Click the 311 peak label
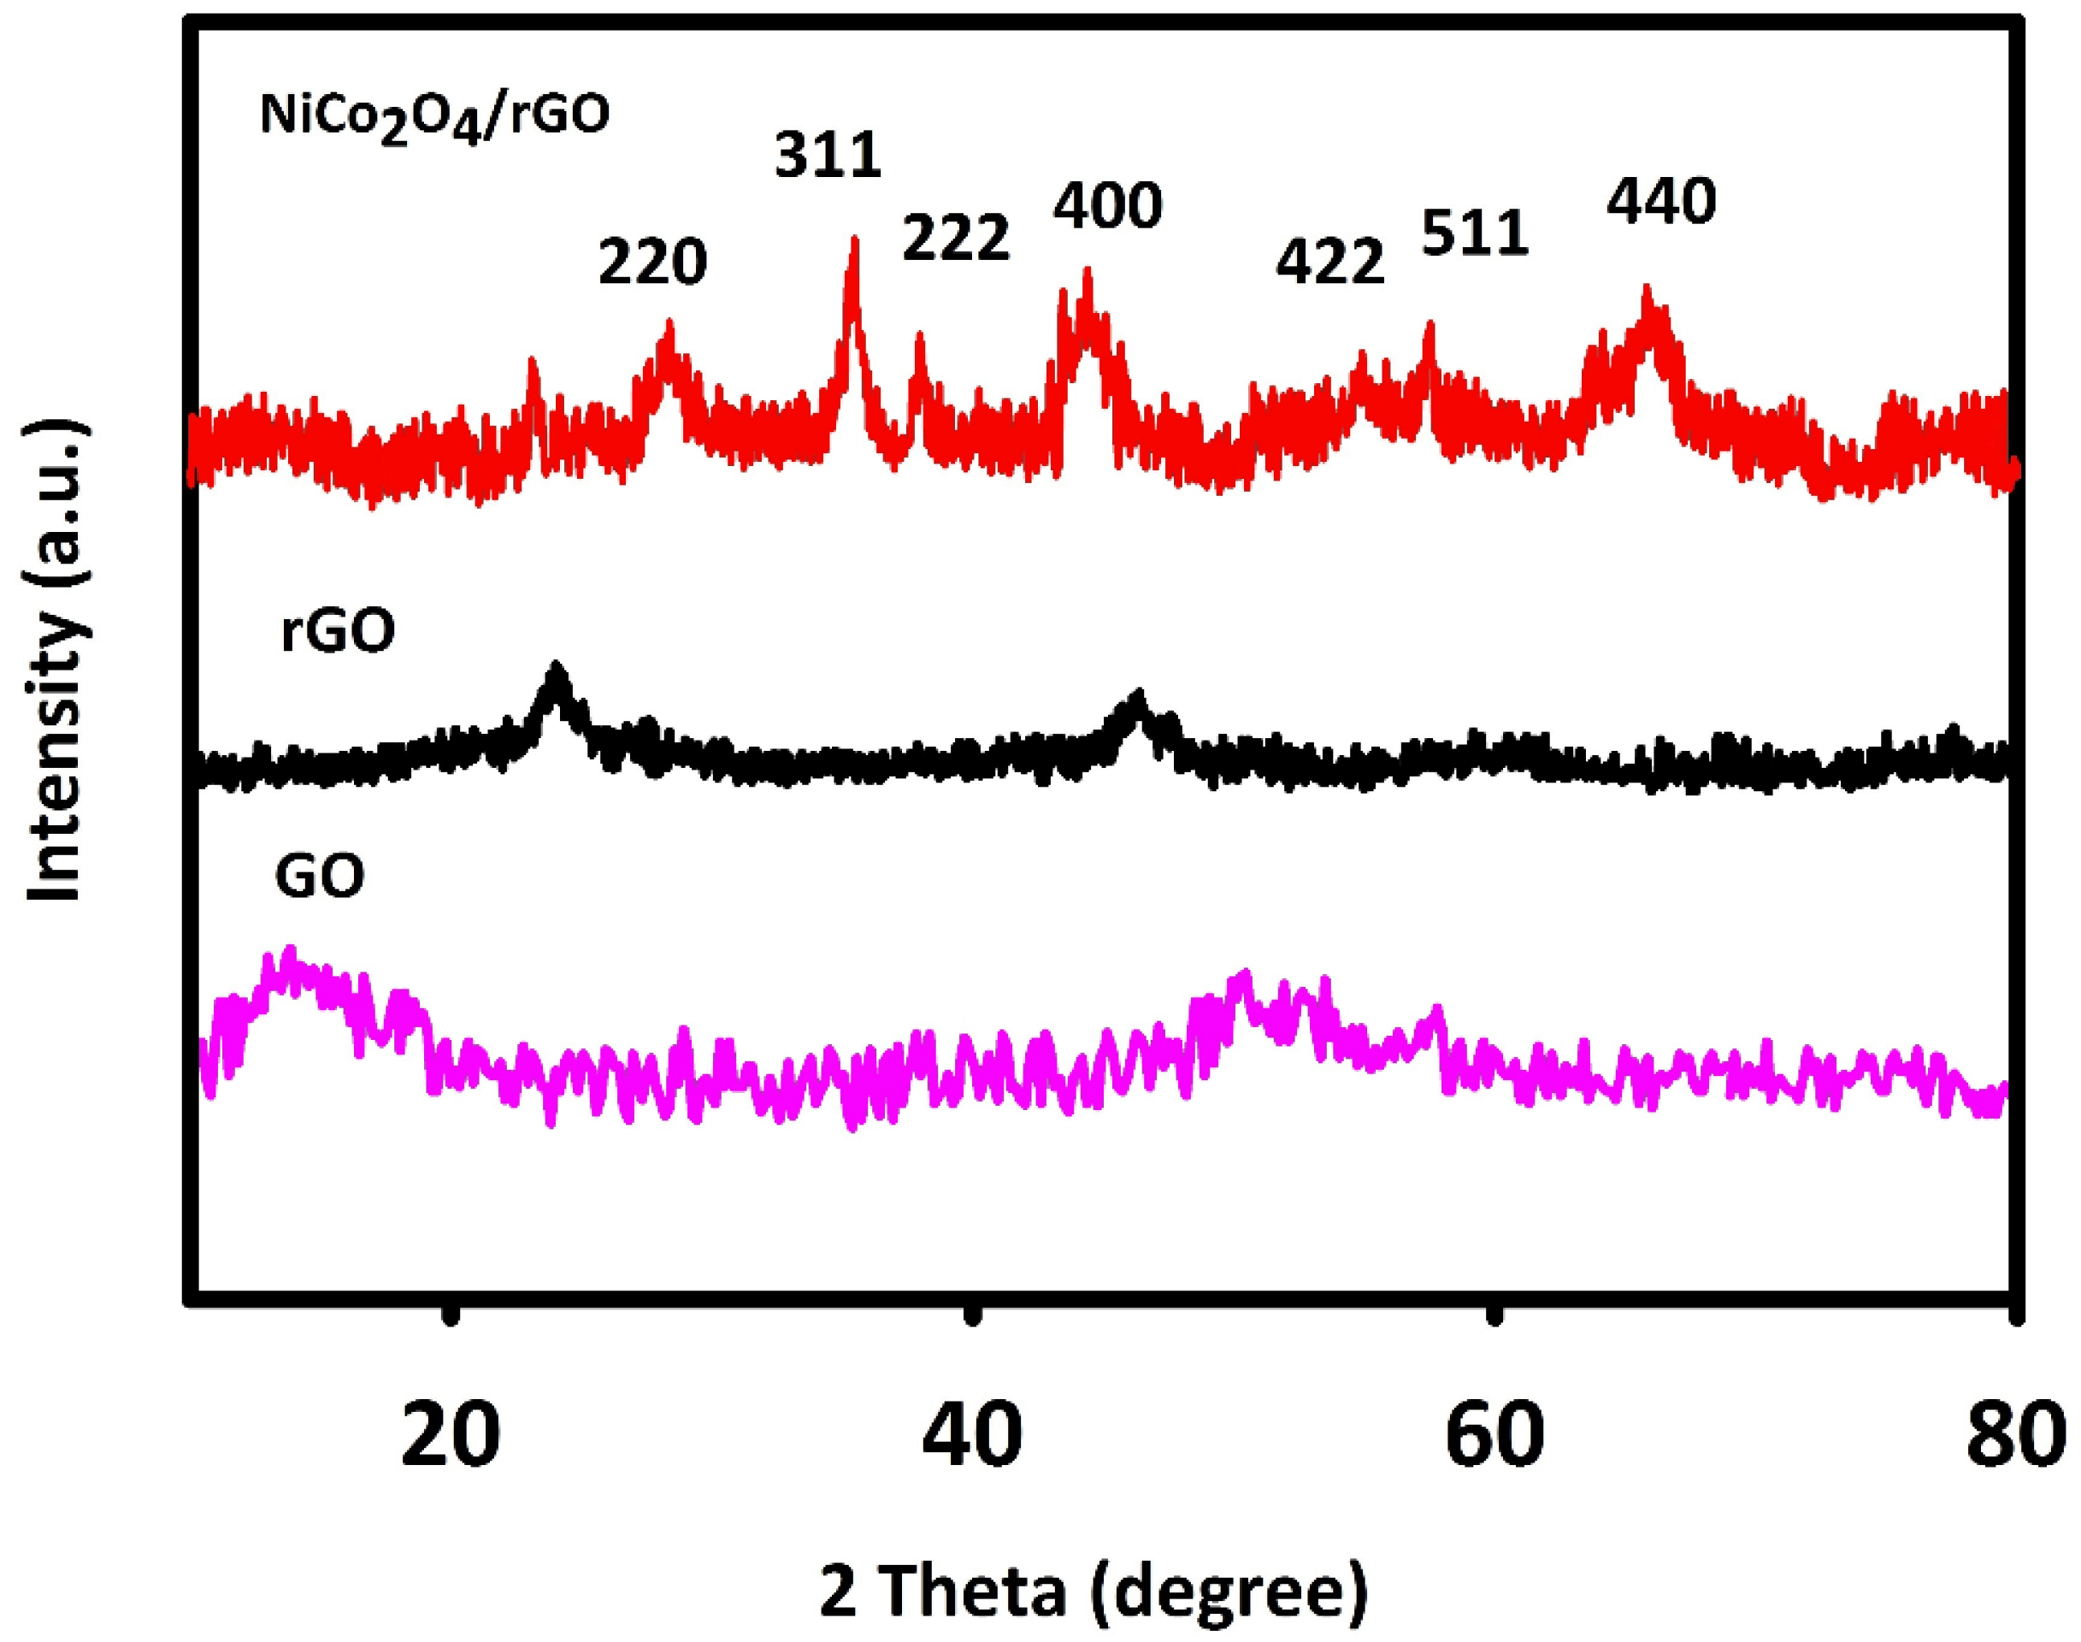coord(828,157)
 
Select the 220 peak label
coord(652,263)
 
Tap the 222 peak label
coord(956,238)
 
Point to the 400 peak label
coord(1107,204)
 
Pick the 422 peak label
coord(1330,262)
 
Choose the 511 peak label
coord(1475,233)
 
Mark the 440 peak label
coord(1662,203)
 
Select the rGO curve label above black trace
coord(338,633)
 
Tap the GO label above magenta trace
coord(319,877)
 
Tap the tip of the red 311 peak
coord(853,240)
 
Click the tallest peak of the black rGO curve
coord(556,667)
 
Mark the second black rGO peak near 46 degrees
coord(1139,695)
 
